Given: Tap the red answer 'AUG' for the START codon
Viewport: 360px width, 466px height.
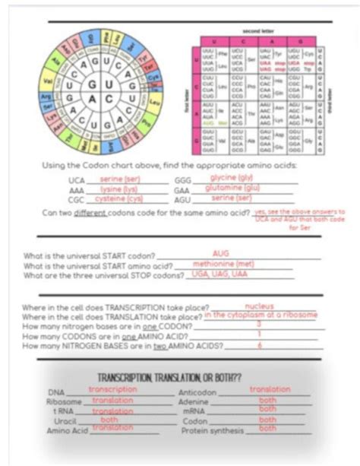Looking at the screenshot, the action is point(221,253).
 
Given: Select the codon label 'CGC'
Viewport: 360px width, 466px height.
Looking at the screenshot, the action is point(77,200).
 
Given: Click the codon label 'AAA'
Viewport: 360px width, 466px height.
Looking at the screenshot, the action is point(77,190).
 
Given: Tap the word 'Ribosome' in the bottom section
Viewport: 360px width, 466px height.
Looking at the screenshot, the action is point(64,401).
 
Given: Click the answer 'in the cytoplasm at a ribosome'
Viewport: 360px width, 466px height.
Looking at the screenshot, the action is point(260,315).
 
